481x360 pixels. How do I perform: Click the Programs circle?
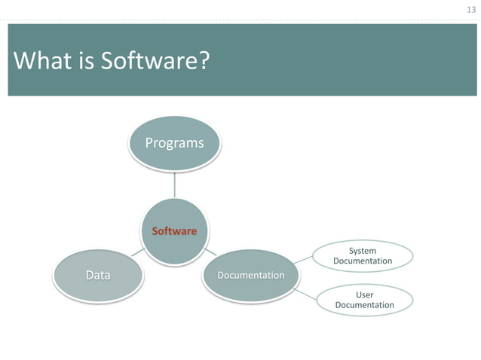pos(174,143)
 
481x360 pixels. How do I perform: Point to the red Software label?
pos(174,231)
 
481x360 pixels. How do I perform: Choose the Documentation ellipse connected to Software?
pos(250,275)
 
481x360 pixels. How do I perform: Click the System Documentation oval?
pos(363,256)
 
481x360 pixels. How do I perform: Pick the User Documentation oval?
pos(364,300)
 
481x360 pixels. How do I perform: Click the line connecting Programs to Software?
pos(174,185)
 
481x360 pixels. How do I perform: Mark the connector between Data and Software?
pos(138,254)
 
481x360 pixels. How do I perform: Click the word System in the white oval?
pos(363,251)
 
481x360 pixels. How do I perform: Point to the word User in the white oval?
pos(364,294)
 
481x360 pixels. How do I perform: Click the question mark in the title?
pos(202,60)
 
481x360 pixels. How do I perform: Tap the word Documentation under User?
pos(364,305)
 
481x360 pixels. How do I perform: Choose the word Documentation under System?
pos(363,261)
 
